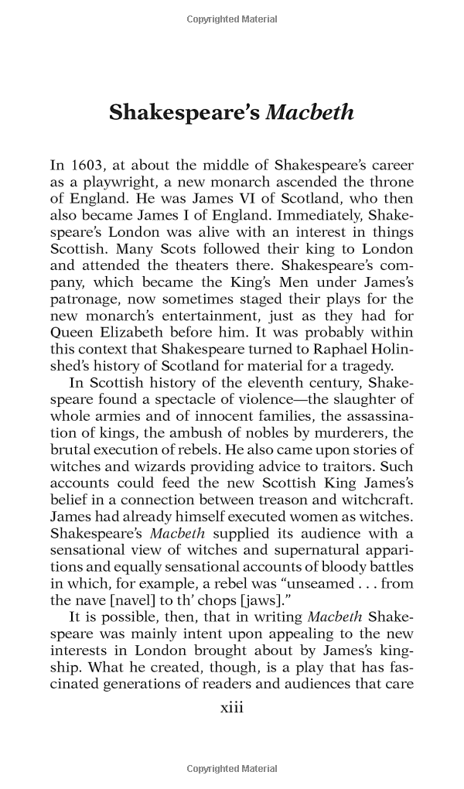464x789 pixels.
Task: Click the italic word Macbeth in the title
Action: point(309,113)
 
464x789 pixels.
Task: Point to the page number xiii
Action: point(232,707)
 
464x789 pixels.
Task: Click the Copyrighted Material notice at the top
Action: point(232,19)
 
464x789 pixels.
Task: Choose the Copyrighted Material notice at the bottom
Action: point(232,769)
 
